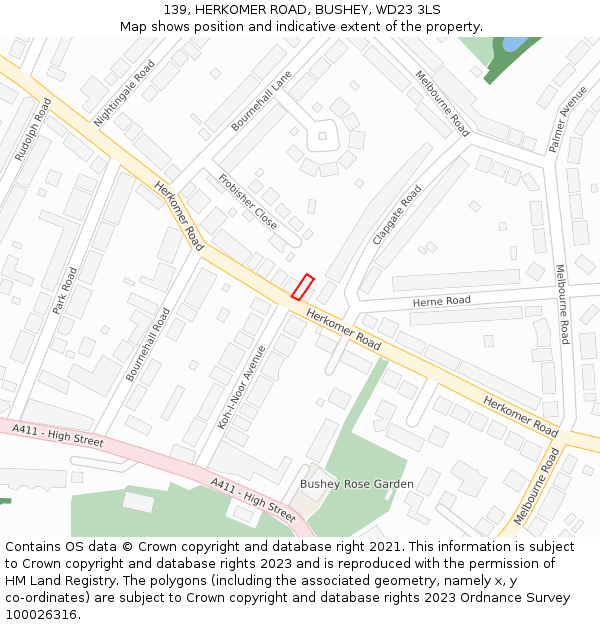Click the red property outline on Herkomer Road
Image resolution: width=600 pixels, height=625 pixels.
pyautogui.click(x=302, y=287)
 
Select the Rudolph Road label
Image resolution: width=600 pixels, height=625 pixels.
pyautogui.click(x=32, y=130)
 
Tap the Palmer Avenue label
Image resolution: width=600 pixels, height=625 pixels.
pyautogui.click(x=568, y=119)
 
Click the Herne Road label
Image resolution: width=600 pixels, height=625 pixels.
pyautogui.click(x=441, y=301)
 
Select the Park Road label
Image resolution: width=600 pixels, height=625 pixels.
pyautogui.click(x=65, y=291)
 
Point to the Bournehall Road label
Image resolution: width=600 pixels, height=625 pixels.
pyautogui.click(x=148, y=344)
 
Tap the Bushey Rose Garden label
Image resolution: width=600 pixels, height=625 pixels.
pyautogui.click(x=357, y=484)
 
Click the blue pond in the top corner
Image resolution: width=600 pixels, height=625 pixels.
pyautogui.click(x=513, y=44)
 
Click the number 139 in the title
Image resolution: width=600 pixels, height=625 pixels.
pyautogui.click(x=176, y=9)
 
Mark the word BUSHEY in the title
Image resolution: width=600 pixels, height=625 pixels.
pyautogui.click(x=339, y=9)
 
